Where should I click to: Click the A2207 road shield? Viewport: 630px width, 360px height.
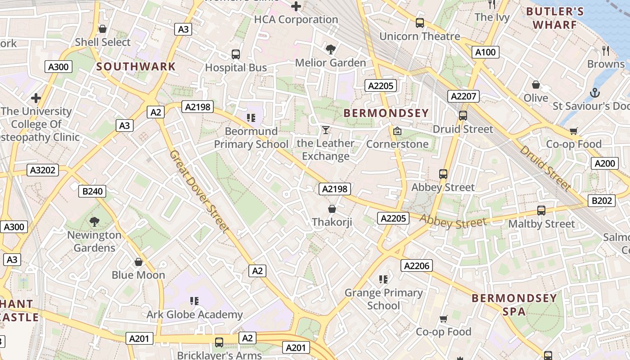[x=463, y=96]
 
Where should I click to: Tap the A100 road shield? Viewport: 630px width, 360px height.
[x=486, y=52]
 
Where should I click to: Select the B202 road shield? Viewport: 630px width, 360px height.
[x=602, y=201]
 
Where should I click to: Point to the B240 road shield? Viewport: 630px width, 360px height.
[x=92, y=191]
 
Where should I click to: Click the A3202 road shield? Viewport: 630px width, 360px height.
[x=43, y=170]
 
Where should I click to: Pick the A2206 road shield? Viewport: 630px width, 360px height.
[x=417, y=265]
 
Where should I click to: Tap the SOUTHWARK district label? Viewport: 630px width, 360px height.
[x=136, y=67]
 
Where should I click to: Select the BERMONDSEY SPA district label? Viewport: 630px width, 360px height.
[x=514, y=304]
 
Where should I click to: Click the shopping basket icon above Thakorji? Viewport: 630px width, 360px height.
[x=332, y=209]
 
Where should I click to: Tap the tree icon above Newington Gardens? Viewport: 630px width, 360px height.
[x=94, y=221]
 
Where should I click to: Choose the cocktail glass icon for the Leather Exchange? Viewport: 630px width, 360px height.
[x=325, y=130]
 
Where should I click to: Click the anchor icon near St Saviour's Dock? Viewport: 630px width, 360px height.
[x=595, y=93]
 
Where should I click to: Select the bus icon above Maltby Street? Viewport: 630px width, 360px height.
[x=541, y=210]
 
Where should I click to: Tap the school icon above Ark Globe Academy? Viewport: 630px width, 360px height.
[x=194, y=301]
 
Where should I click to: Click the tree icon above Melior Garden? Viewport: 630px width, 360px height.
[x=331, y=49]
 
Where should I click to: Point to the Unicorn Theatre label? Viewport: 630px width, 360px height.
[x=419, y=36]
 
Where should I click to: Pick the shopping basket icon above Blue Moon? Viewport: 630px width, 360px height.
[x=139, y=261]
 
